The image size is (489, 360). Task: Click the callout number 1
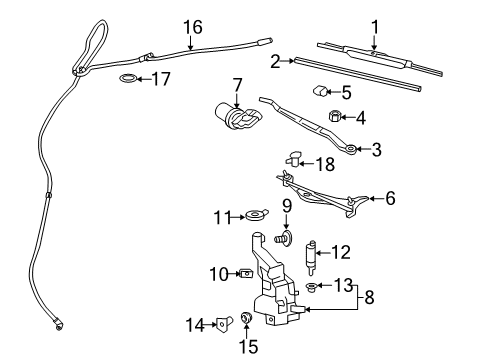click(375, 26)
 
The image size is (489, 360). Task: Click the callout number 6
click(390, 198)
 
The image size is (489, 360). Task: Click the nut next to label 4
click(334, 117)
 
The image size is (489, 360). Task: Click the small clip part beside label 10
click(245, 271)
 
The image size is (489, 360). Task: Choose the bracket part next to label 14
click(224, 321)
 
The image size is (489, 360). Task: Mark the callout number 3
click(376, 150)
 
